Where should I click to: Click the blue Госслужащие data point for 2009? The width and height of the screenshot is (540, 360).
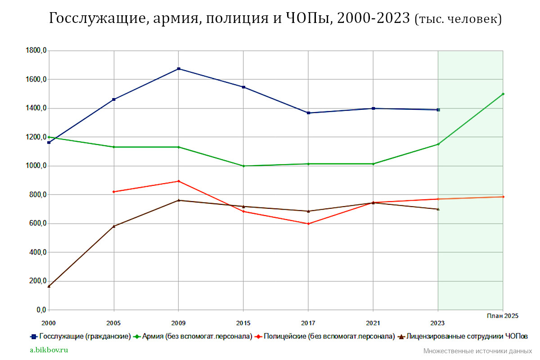(x=179, y=69)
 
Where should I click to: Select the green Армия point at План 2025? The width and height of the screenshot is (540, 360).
(x=503, y=94)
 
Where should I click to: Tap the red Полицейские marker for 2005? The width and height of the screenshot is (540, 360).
(x=114, y=192)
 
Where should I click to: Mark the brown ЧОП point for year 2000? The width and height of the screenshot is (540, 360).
(x=49, y=286)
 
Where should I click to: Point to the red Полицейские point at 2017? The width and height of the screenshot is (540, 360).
(x=308, y=224)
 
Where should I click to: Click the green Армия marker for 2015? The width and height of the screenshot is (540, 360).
(x=243, y=166)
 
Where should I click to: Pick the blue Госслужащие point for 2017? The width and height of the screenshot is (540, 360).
(x=308, y=113)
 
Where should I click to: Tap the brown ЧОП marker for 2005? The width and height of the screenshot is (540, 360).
(x=114, y=226)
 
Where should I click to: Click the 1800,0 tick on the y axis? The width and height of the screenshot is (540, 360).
(x=36, y=51)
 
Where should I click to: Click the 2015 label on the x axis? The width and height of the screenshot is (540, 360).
(x=243, y=323)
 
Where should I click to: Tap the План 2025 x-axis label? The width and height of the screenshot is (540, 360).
(x=503, y=316)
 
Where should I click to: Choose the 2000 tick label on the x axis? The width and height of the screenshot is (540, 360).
(x=49, y=323)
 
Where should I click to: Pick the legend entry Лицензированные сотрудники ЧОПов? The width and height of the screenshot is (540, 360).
(x=463, y=336)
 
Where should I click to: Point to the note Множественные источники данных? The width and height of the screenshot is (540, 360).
(x=477, y=351)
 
